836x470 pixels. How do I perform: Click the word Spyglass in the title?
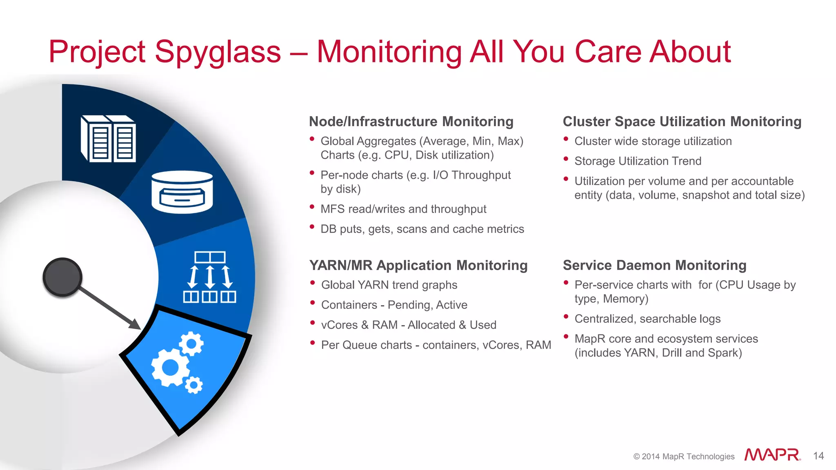[218, 52]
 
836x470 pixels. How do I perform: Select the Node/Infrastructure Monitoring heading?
[411, 122]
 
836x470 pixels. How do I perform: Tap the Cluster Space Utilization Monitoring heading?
[682, 122]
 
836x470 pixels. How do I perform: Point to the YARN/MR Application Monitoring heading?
[418, 265]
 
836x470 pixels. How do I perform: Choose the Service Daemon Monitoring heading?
[654, 265]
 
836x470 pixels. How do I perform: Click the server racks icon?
[109, 139]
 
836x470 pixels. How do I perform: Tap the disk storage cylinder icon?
[182, 192]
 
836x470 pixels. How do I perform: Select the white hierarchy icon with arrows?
[210, 277]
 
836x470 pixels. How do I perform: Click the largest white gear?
[170, 368]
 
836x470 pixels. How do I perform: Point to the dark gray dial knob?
[62, 277]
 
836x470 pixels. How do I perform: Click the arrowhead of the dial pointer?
[136, 325]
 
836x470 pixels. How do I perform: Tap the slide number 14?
[818, 456]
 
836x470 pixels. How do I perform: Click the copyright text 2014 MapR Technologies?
[684, 457]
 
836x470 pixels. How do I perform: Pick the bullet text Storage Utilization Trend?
[638, 161]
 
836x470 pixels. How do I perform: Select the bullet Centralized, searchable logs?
[647, 319]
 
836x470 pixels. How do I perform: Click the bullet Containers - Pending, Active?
[394, 305]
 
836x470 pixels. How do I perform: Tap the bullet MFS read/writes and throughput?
[403, 209]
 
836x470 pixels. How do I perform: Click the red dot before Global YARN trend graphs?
[312, 282]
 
